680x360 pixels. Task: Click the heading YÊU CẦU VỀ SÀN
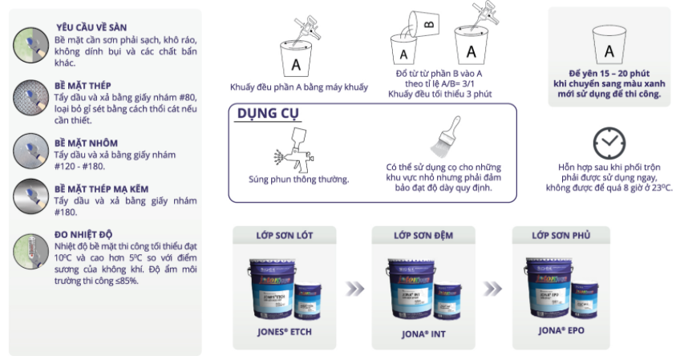pyautogui.click(x=91, y=27)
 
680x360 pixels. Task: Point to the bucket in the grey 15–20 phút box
pyautogui.click(x=609, y=51)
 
